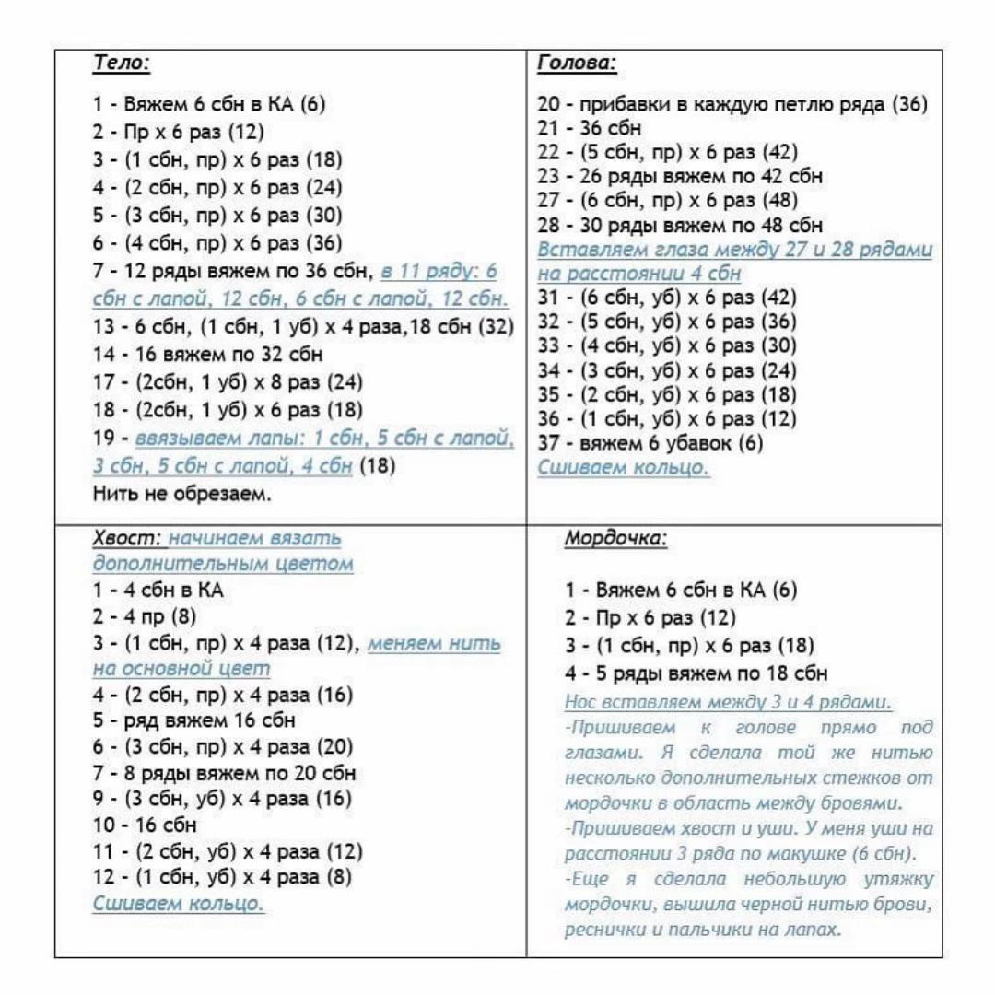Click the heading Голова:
click(576, 64)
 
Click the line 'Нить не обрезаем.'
click(182, 493)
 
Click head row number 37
click(549, 443)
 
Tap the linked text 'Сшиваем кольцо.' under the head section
click(623, 468)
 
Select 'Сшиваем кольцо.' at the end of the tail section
click(179, 904)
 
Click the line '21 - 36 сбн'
click(590, 128)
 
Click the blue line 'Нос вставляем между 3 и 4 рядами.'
click(728, 703)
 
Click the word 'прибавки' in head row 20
click(626, 104)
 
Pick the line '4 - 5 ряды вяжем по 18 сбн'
click(696, 673)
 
